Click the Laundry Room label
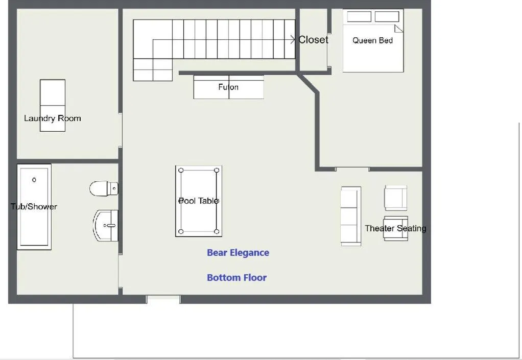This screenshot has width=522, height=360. click(x=53, y=118)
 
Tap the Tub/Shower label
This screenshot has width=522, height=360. click(x=34, y=207)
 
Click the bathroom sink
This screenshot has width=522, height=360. click(x=106, y=225)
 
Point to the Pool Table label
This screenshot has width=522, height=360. click(x=199, y=201)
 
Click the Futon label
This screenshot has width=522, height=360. click(x=228, y=87)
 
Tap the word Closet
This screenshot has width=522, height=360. click(x=314, y=40)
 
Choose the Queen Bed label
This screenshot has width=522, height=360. click(x=372, y=41)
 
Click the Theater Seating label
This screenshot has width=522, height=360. click(x=395, y=228)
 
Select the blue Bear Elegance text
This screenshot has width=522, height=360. click(x=238, y=253)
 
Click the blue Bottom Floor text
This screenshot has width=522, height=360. click(x=237, y=278)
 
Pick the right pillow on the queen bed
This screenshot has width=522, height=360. click(x=387, y=17)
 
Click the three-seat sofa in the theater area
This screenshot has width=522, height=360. click(x=351, y=216)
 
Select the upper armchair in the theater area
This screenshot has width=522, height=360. click(x=396, y=198)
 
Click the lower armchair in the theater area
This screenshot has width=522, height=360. click(x=396, y=228)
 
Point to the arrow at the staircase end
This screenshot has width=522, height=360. click(x=293, y=40)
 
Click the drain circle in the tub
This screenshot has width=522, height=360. click(x=34, y=180)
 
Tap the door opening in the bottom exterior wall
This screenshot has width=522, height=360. click(x=163, y=299)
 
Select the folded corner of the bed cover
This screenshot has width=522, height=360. click(x=398, y=29)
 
